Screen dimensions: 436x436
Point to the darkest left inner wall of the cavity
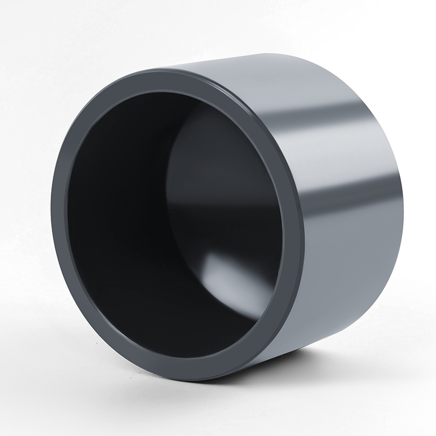pos(109,218)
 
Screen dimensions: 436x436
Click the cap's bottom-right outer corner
pos(376,305)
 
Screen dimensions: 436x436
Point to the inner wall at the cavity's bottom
pos(180,327)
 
